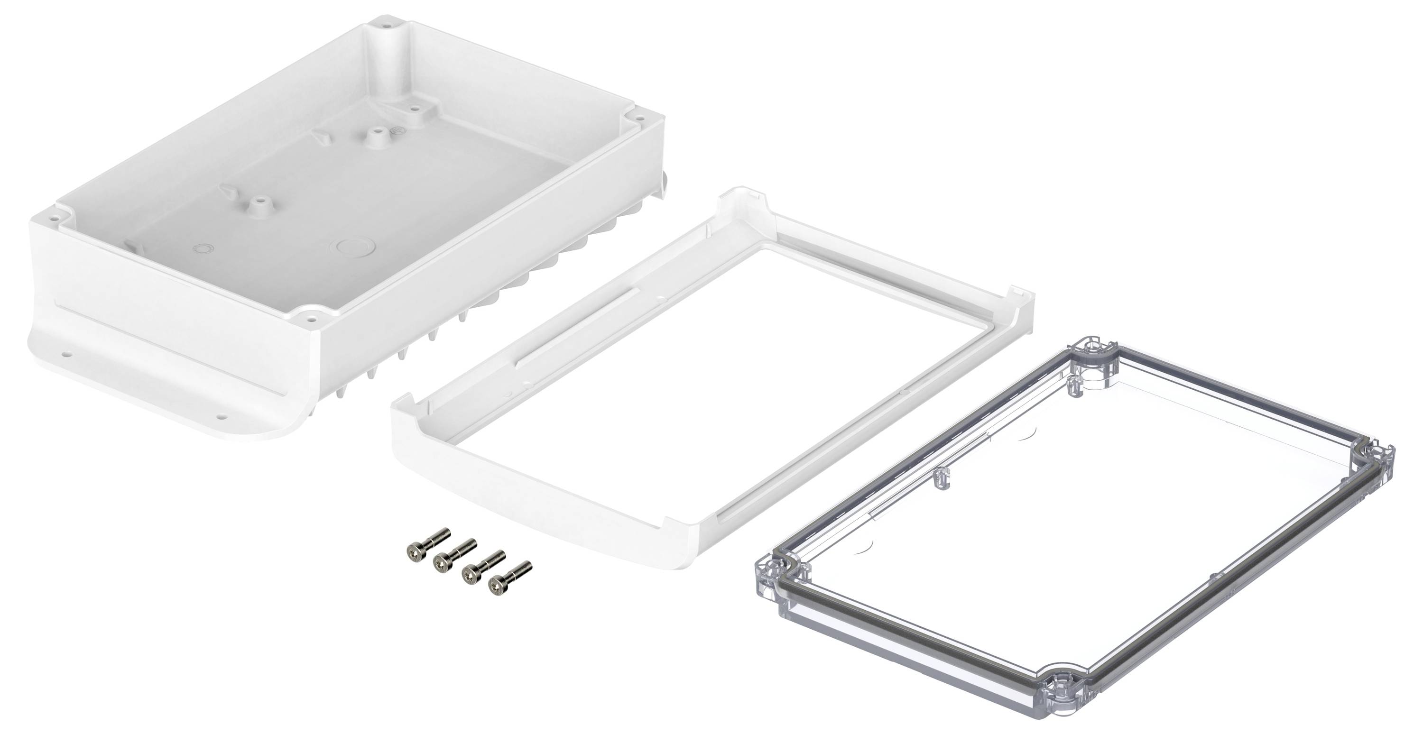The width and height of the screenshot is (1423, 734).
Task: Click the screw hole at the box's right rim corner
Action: pos(638,118)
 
